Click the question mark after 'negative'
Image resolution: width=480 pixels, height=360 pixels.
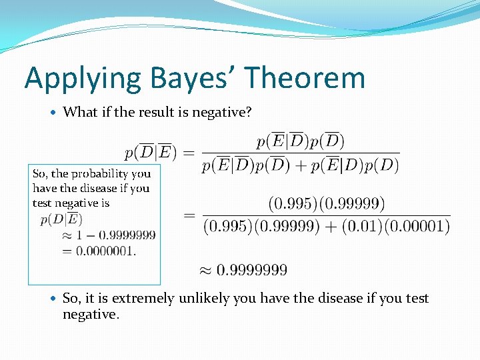coord(249,112)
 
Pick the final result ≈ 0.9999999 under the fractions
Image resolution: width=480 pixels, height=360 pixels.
coord(243,270)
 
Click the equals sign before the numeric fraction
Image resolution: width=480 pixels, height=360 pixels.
coord(190,215)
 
